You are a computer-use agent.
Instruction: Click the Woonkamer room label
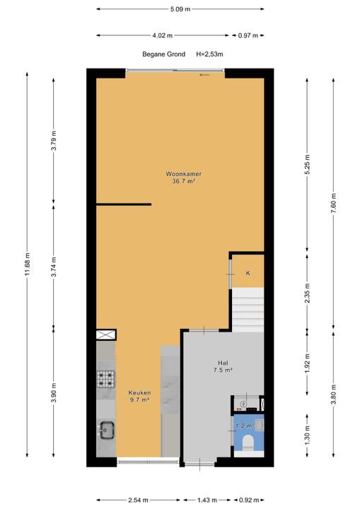point(184,174)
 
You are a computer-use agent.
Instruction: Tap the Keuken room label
point(139,393)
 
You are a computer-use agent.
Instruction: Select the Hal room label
point(223,363)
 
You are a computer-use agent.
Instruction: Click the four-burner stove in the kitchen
point(106,379)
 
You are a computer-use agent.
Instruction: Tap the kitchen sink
point(106,431)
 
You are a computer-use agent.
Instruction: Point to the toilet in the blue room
point(248,441)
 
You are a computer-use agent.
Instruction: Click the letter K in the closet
point(248,273)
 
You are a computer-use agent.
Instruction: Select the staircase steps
point(248,310)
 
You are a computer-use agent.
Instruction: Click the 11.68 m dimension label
point(28,264)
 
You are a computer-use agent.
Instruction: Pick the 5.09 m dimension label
point(180,9)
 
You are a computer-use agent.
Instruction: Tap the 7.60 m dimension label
point(334,204)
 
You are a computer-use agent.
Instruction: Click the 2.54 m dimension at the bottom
point(138,500)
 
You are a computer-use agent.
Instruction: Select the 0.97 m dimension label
point(248,35)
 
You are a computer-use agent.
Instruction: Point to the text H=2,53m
point(209,54)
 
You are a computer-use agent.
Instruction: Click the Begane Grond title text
point(164,54)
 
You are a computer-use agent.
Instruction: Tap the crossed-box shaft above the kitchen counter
point(106,334)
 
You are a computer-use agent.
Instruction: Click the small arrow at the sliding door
point(204,75)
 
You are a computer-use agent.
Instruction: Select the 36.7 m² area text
point(184,182)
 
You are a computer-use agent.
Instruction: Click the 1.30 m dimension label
point(308,435)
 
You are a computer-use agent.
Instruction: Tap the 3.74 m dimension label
point(54,267)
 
